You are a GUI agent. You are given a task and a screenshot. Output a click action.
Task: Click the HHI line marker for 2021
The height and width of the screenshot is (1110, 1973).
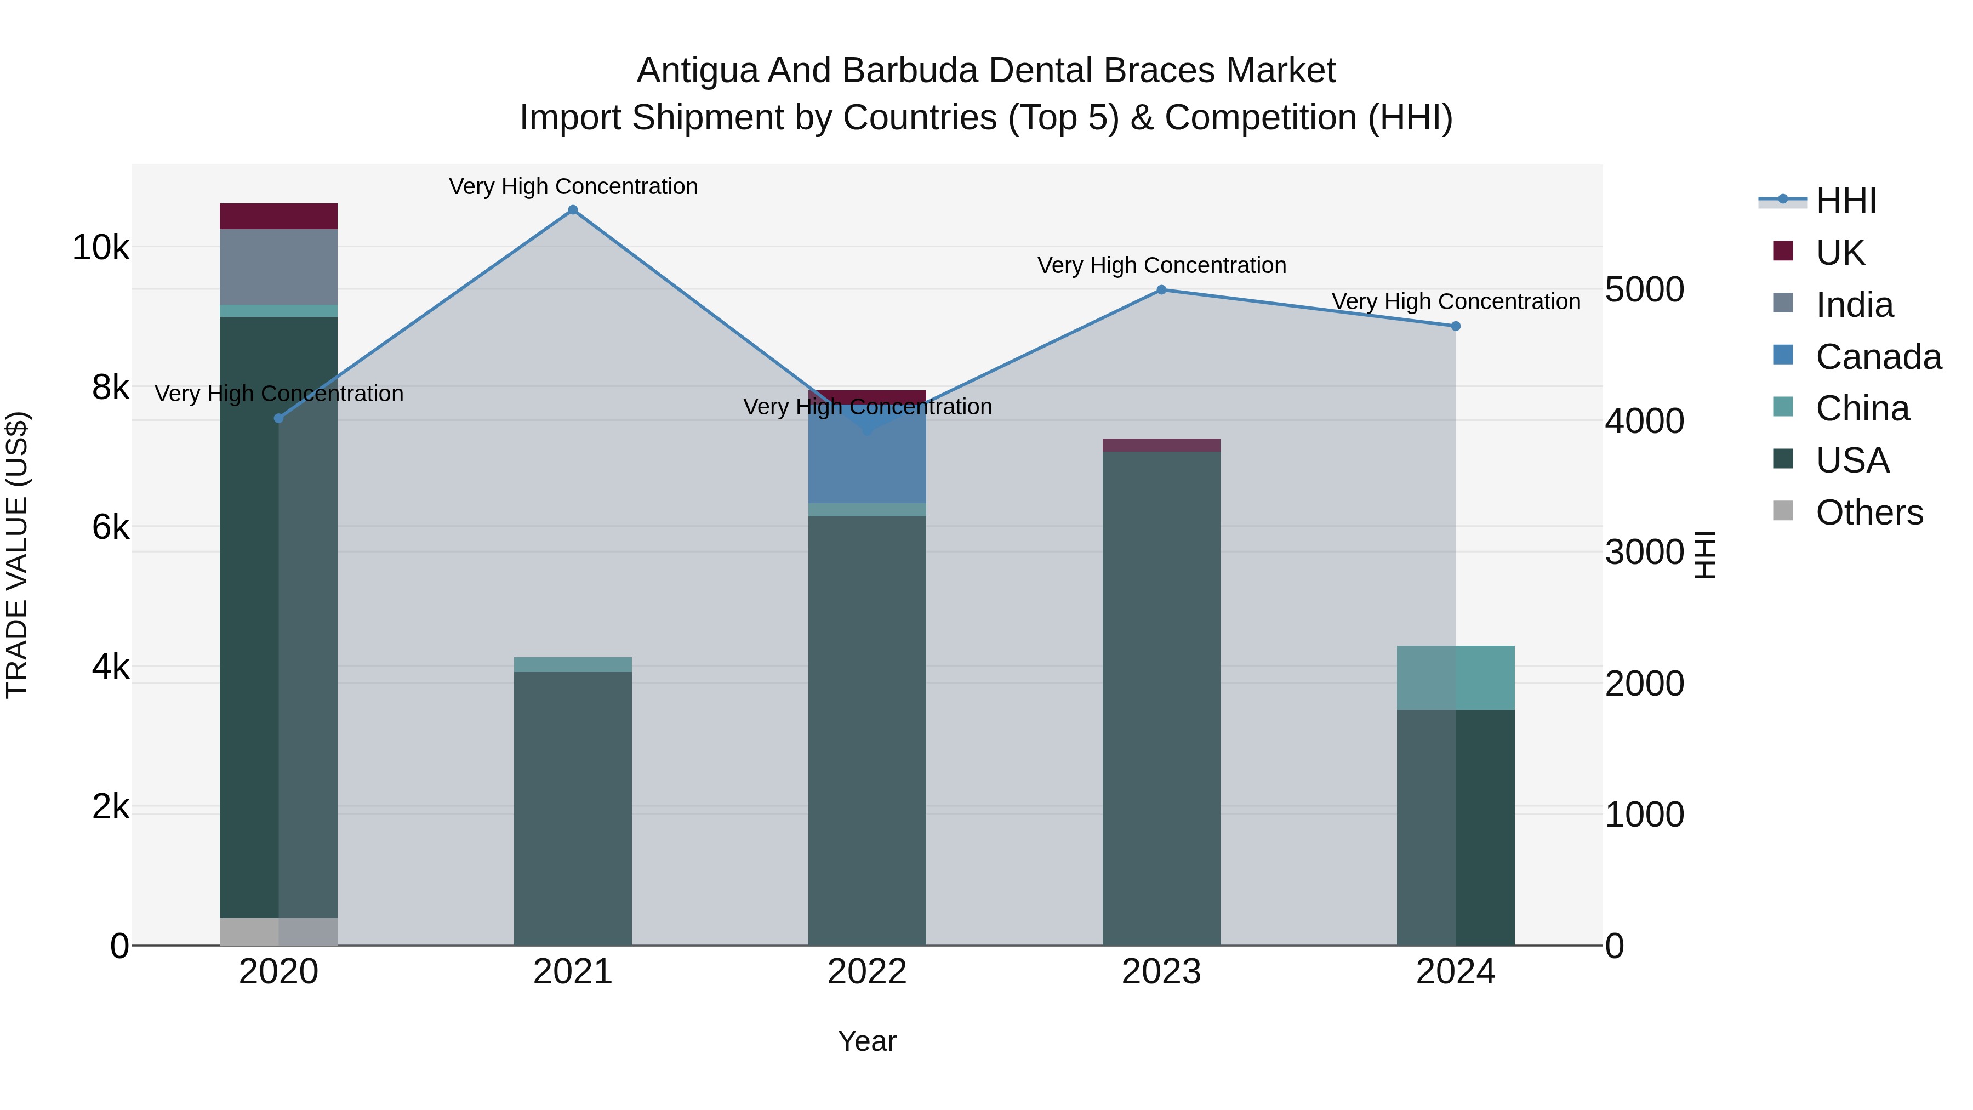pyautogui.click(x=573, y=210)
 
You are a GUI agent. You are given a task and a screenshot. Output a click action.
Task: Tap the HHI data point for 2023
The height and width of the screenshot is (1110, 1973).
pyautogui.click(x=1161, y=289)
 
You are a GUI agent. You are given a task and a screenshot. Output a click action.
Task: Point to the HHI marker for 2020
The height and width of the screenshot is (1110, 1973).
pyautogui.click(x=279, y=418)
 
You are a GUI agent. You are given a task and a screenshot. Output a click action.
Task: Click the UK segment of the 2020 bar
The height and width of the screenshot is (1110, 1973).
pyautogui.click(x=279, y=216)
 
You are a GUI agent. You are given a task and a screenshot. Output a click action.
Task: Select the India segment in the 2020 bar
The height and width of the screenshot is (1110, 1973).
pyautogui.click(x=279, y=266)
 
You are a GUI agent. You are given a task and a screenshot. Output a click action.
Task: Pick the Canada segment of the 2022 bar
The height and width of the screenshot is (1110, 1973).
pyautogui.click(x=867, y=460)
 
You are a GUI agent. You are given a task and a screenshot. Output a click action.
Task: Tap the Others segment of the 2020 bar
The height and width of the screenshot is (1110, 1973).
pyautogui.click(x=279, y=931)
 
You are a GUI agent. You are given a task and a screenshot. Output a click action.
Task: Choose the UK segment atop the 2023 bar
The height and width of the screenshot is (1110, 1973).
pyautogui.click(x=1161, y=445)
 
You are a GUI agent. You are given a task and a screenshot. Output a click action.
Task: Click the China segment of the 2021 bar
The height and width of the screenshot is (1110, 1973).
pyautogui.click(x=573, y=664)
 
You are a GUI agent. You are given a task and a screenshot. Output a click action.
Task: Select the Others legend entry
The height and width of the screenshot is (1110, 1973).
pyautogui.click(x=1869, y=513)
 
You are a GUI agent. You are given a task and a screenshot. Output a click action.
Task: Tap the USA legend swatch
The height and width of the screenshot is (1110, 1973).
pyautogui.click(x=1783, y=460)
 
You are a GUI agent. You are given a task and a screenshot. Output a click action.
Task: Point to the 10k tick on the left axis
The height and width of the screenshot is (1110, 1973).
pyautogui.click(x=100, y=247)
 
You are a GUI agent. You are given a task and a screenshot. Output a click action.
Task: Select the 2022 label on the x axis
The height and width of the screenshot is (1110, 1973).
pyautogui.click(x=867, y=972)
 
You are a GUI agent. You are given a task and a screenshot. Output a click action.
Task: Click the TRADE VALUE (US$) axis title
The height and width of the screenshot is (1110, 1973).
pyautogui.click(x=17, y=555)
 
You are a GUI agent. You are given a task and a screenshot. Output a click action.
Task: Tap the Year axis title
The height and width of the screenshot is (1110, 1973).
pyautogui.click(x=867, y=1041)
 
